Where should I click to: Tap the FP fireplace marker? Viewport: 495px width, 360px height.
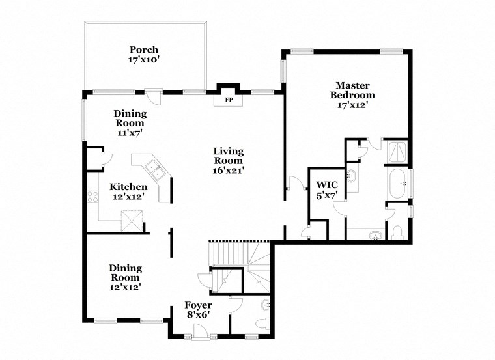(x=229, y=100)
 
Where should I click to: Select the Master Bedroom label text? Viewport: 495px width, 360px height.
(x=352, y=94)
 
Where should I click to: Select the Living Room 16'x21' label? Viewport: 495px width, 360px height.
(x=228, y=161)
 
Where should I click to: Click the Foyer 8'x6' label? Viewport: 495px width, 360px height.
(x=198, y=309)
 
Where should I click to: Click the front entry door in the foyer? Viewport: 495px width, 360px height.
(x=200, y=333)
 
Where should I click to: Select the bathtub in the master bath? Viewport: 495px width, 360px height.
(x=396, y=184)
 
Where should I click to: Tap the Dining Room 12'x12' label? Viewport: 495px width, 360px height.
(x=125, y=277)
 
